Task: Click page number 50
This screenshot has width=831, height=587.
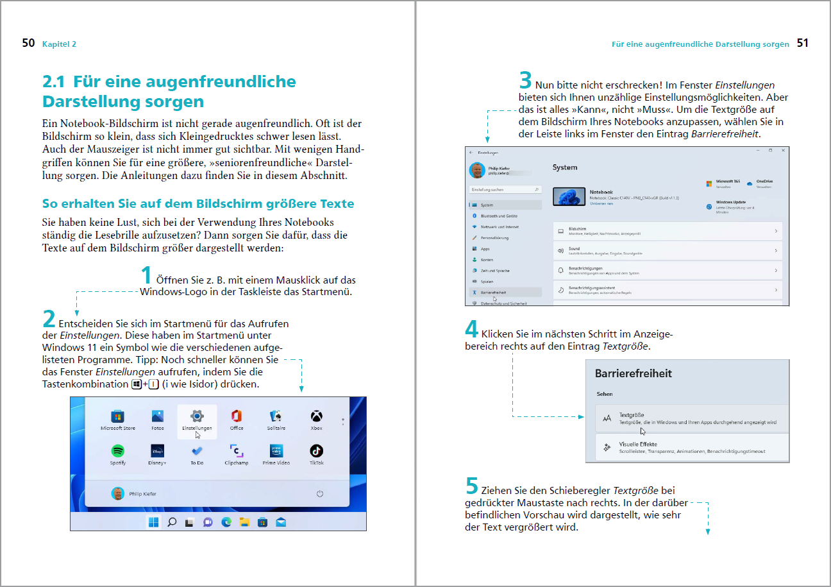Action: point(28,44)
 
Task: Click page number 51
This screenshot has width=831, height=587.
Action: point(803,44)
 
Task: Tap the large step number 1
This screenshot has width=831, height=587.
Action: point(146,275)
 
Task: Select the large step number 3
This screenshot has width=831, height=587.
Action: point(525,80)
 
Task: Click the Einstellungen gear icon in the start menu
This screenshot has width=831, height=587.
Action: point(197,416)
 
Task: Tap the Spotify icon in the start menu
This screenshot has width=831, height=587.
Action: point(118,450)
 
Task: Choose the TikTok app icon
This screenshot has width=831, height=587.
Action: point(316,450)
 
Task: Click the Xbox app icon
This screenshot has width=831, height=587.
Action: point(316,416)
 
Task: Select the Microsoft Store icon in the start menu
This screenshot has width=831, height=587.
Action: point(118,416)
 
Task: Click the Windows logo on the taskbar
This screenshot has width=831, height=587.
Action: point(154,522)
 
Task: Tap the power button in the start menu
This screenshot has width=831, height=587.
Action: point(320,493)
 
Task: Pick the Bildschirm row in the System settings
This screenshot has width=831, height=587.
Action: point(667,231)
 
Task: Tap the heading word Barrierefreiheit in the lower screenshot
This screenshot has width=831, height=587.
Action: point(634,373)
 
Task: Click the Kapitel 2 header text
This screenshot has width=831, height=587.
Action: point(59,44)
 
